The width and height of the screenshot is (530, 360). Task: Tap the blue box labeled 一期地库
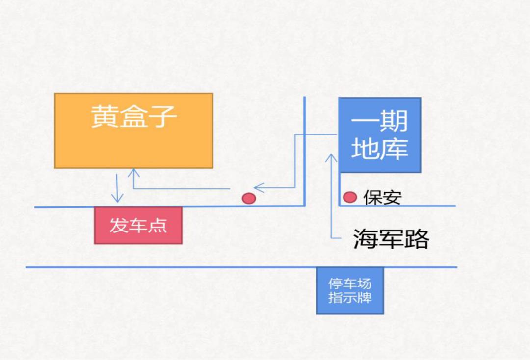380,135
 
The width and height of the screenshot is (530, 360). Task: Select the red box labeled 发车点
138,226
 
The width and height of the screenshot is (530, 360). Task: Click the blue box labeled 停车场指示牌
349,290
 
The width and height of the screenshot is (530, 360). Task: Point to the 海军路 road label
391,239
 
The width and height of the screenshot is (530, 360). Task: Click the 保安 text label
382,198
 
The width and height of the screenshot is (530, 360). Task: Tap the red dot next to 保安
349,197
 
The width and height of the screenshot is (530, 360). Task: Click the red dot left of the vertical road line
249,198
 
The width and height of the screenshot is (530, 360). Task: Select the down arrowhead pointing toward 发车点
117,198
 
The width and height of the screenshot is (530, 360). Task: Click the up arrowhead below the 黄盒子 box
133,173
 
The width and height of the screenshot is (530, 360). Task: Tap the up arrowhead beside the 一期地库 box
332,158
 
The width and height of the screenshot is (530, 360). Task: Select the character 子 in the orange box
162,117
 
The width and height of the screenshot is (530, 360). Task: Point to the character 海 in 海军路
366,239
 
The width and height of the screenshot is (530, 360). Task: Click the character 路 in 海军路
416,239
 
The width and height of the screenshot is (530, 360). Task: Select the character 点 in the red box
158,226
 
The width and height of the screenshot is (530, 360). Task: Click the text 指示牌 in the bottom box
349,297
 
